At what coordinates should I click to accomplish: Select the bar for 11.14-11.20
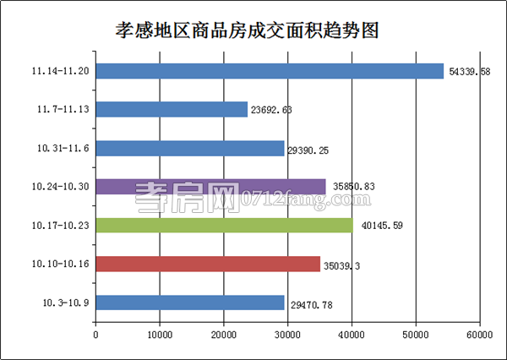click(x=270, y=71)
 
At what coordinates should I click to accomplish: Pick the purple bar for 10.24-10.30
click(x=210, y=186)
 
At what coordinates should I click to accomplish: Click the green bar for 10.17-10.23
click(x=224, y=225)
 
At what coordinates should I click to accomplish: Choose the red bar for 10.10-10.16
click(x=208, y=264)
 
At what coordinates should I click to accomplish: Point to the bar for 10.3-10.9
click(x=190, y=302)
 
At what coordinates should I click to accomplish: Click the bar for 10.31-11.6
click(x=190, y=148)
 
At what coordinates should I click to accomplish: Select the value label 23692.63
click(x=275, y=109)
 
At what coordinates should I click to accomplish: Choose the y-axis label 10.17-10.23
click(x=60, y=225)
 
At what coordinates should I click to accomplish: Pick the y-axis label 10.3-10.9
click(x=65, y=302)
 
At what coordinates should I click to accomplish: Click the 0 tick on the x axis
click(x=95, y=335)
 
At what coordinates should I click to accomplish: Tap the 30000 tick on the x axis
click(x=287, y=335)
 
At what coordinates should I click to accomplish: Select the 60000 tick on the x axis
click(x=479, y=335)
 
